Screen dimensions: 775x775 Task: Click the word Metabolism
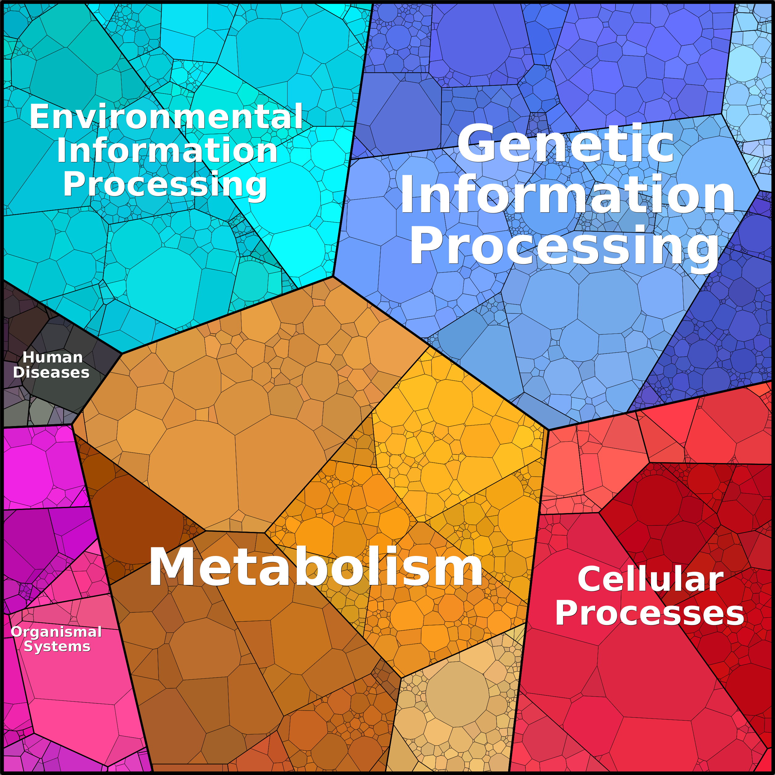pos(316,567)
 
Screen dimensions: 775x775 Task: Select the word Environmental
pos(166,116)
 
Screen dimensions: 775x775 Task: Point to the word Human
pos(52,357)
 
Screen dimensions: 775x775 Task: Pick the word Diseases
pos(51,372)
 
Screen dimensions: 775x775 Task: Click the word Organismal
pos(56,632)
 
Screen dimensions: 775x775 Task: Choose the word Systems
pos(57,646)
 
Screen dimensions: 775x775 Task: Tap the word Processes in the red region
pos(649,613)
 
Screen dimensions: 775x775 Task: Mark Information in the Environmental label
pos(167,150)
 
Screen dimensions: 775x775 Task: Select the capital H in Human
pos(28,357)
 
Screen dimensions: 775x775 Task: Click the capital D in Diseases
pos(19,372)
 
